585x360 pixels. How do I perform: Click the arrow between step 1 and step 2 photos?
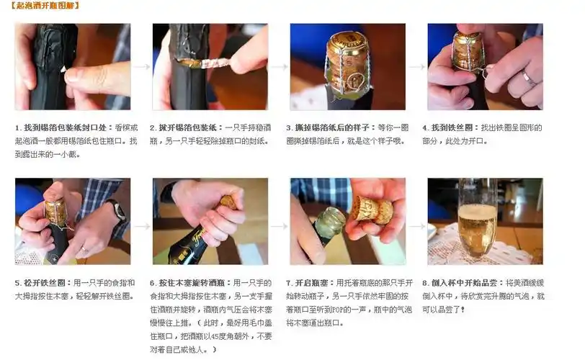(141, 66)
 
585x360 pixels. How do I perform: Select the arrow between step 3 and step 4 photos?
(416, 66)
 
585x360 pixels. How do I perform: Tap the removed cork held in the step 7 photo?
(373, 210)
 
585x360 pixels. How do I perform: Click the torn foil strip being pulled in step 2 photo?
(213, 63)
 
